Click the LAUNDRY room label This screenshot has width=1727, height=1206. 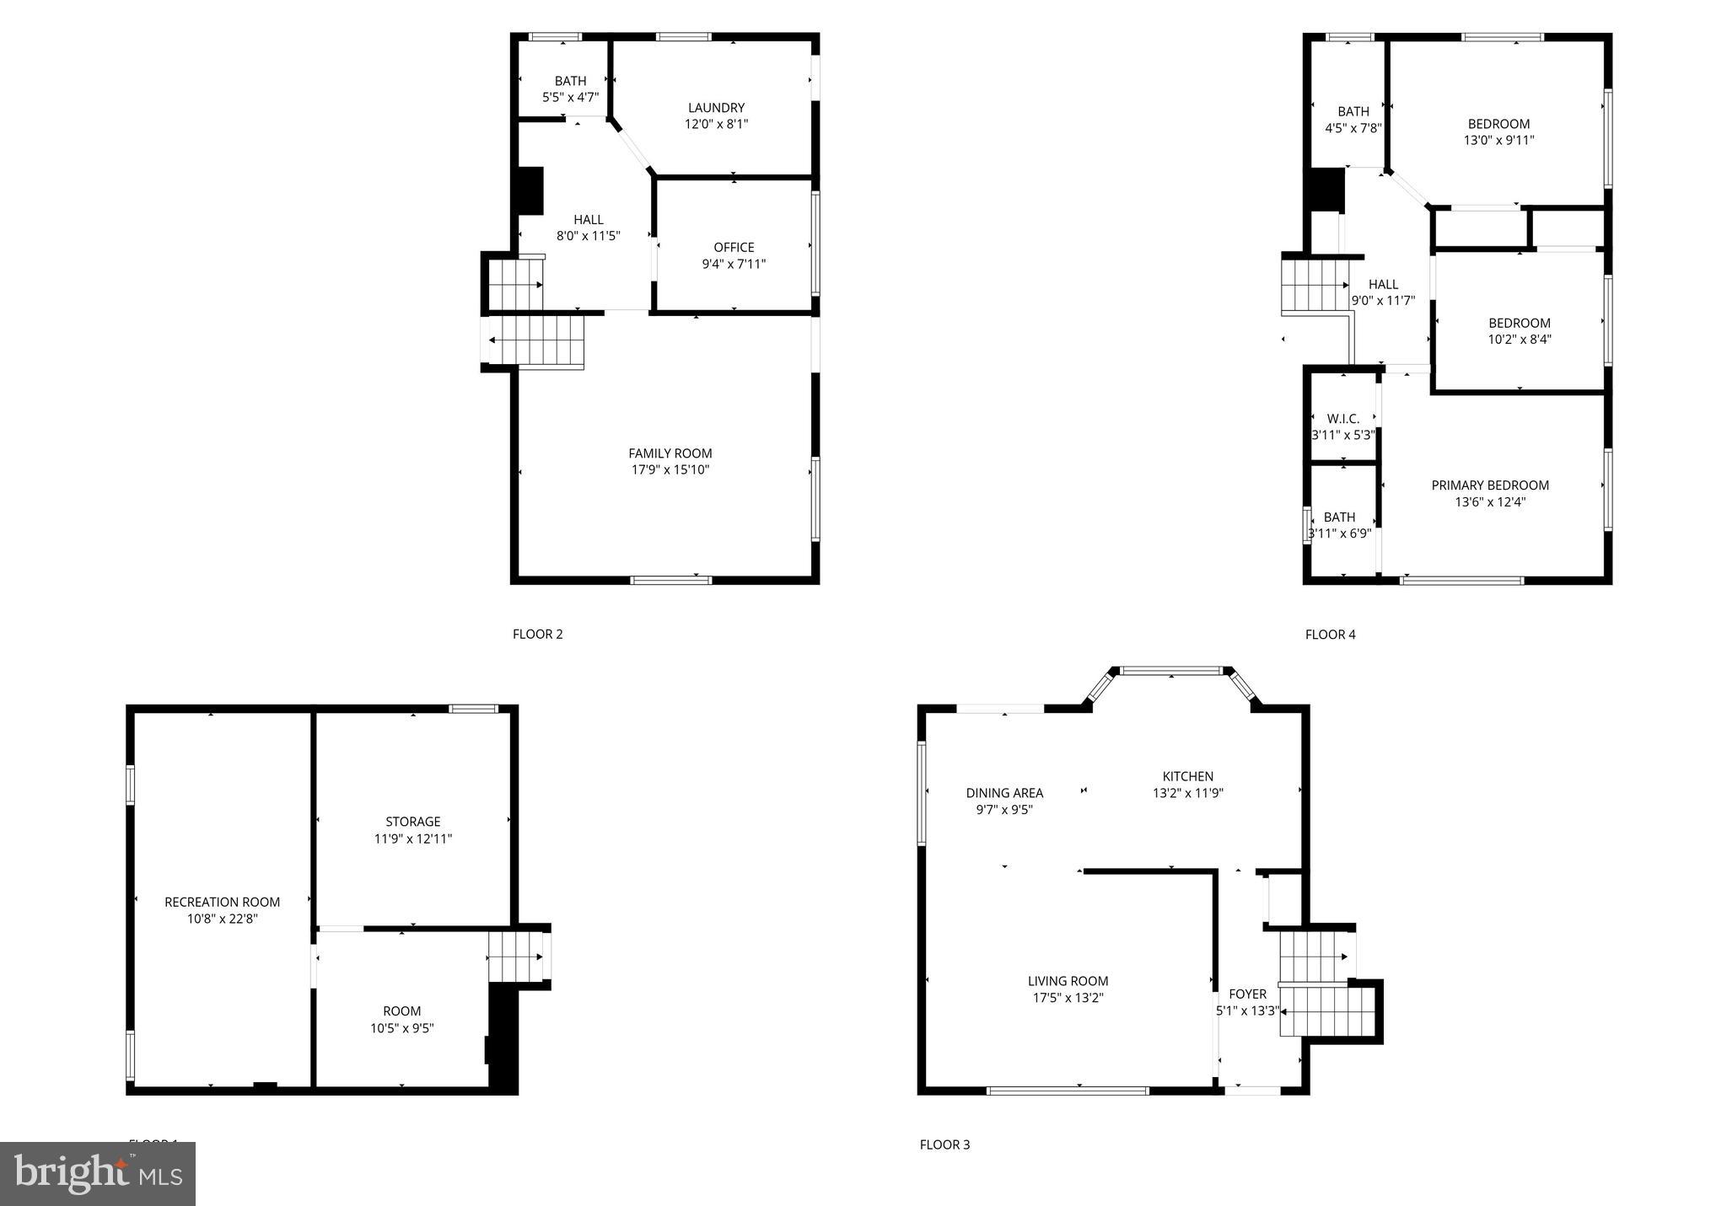716,108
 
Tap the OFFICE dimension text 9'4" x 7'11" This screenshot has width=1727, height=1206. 734,264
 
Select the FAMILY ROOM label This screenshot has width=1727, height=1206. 670,453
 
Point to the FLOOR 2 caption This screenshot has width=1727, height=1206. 537,634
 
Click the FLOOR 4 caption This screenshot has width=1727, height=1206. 1330,635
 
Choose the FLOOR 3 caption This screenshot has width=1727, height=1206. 944,1144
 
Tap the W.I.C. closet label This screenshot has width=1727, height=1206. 1342,419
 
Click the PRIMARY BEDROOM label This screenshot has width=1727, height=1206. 1489,485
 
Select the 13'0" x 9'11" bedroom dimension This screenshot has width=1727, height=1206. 1498,141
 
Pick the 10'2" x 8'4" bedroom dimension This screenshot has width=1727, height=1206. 1519,340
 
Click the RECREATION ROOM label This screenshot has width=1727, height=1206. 222,902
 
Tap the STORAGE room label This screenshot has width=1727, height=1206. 412,822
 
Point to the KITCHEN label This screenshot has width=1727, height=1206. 1187,776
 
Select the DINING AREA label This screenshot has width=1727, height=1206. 1003,793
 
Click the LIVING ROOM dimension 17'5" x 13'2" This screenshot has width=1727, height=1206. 1068,998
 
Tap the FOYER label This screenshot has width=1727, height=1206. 1247,994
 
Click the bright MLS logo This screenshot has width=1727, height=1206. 98,1173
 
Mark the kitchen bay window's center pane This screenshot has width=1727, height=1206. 1170,671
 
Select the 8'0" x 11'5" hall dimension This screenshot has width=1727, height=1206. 588,236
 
